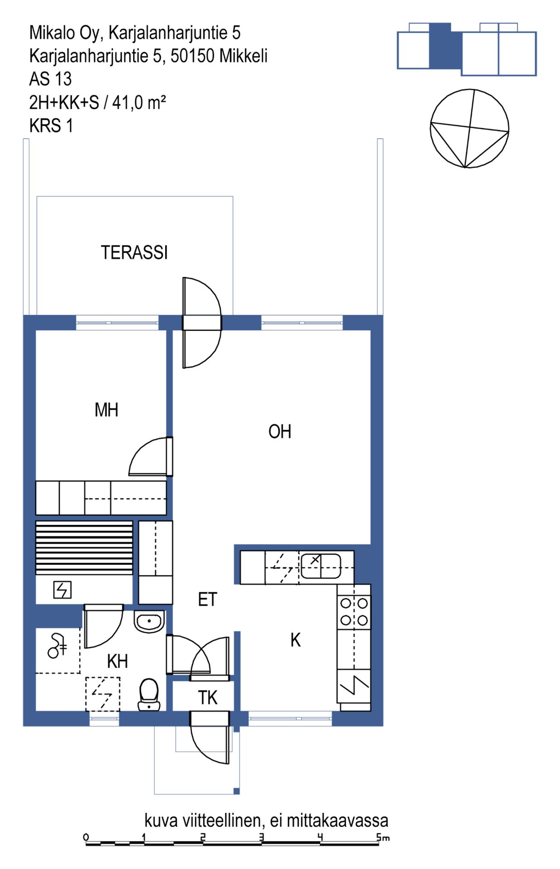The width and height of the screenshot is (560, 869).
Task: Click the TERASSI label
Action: [134, 253]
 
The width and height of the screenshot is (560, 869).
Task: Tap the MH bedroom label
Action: [106, 410]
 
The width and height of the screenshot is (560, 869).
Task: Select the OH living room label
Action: [280, 432]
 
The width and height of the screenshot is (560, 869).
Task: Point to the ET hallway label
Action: [208, 600]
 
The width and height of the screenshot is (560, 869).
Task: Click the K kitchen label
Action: [296, 640]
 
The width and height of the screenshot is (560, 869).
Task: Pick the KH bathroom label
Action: [118, 662]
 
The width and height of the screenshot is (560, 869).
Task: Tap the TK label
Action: [208, 698]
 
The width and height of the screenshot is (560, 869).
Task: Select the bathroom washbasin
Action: [149, 621]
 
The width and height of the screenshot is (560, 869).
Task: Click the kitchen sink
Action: [321, 566]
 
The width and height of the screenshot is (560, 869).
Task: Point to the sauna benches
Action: [84, 548]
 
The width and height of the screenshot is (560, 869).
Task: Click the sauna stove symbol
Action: [62, 590]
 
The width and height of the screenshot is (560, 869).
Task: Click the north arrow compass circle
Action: [469, 129]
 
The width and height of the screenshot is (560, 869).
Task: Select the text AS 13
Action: [50, 79]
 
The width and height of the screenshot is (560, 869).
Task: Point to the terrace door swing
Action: [202, 322]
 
